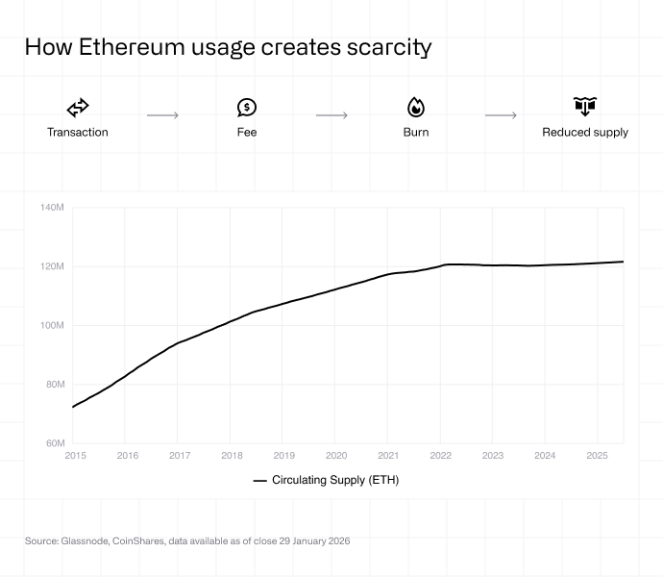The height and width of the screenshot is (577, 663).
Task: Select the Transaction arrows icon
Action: [x=78, y=108]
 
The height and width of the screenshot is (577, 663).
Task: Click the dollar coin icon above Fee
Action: [x=247, y=108]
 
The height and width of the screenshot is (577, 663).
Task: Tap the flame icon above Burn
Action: [x=416, y=108]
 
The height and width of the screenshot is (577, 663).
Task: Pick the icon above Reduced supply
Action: [x=585, y=107]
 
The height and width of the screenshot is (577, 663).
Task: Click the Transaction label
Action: [x=78, y=132]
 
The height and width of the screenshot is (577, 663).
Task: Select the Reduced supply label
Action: [x=585, y=132]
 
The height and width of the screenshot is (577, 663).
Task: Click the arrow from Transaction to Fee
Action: [x=162, y=115]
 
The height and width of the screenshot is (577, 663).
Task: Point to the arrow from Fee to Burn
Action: [x=331, y=115]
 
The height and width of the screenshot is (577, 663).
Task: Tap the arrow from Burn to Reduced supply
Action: [x=501, y=115]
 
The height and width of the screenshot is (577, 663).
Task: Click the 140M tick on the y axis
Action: [x=52, y=208]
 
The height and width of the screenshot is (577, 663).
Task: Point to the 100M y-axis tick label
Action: [x=52, y=325]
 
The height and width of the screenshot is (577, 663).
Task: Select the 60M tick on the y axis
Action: [x=54, y=443]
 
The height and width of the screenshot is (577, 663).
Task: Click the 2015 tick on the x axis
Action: [x=75, y=456]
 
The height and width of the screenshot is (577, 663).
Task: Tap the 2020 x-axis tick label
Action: [x=336, y=456]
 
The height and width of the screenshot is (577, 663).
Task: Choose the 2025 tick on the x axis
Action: [x=597, y=456]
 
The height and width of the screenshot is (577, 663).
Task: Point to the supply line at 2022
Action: [x=441, y=265]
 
